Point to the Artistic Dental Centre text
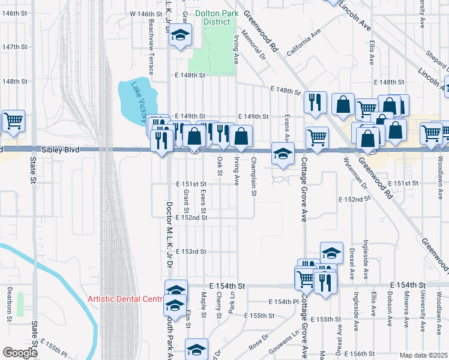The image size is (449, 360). (125, 299)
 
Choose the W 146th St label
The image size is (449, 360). (146, 13)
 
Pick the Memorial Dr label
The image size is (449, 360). (253, 46)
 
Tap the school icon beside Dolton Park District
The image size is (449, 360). (179, 35)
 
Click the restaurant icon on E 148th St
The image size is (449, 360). (314, 102)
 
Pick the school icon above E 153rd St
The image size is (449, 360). (331, 253)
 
